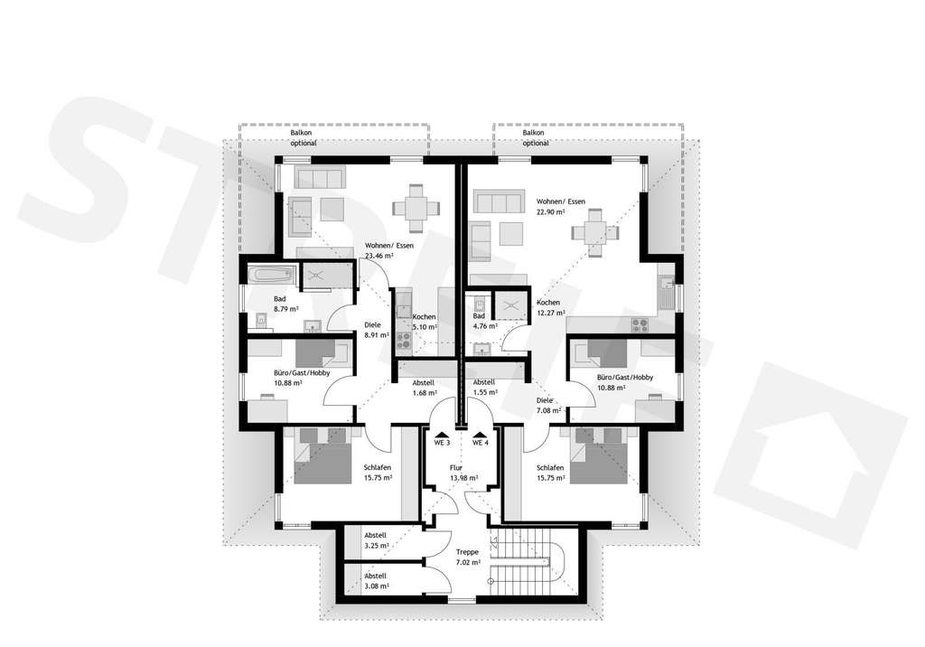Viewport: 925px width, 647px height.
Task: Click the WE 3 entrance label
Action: tap(443, 444)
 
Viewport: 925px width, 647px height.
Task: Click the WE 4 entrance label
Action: tap(480, 444)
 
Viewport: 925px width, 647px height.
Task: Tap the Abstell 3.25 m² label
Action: tap(376, 539)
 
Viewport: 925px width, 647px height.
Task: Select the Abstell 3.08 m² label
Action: tap(376, 580)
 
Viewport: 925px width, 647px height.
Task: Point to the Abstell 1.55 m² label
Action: tap(485, 387)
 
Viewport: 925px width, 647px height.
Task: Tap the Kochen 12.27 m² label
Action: tap(548, 307)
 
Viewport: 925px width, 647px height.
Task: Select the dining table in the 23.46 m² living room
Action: tap(415, 207)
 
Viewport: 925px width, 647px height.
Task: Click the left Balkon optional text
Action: tap(302, 137)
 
